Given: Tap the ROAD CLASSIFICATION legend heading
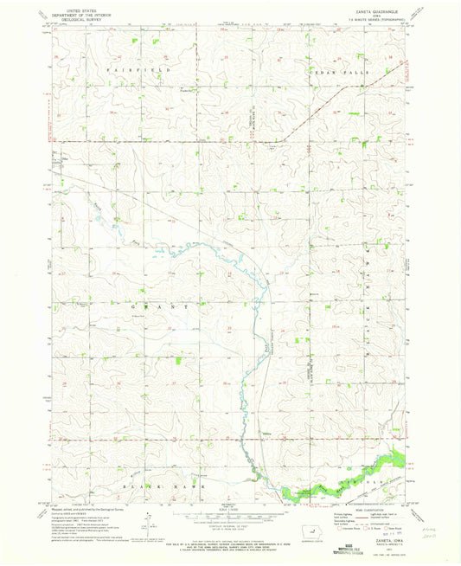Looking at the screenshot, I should tap(366, 509).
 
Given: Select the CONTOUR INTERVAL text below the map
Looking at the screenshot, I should tap(227, 524).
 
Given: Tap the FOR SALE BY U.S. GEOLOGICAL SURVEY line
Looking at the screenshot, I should tap(227, 534).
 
